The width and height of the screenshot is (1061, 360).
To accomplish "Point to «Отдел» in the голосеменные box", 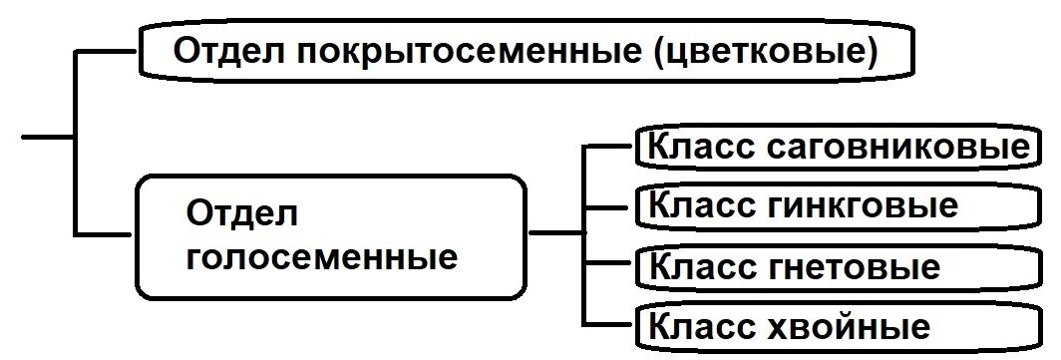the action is coord(242,212).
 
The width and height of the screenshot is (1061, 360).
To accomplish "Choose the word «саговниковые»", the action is coord(897,146).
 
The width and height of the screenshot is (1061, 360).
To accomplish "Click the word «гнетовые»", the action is coord(854,266).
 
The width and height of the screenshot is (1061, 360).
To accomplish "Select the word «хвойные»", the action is coord(850,326).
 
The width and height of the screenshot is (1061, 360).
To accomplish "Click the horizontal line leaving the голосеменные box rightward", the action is coord(554,234).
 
